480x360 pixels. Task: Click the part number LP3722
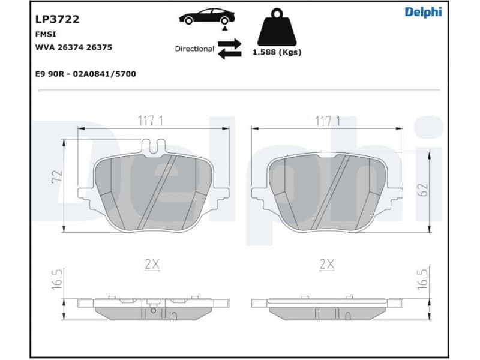tap(58, 19)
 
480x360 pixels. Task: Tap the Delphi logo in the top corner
tap(422, 12)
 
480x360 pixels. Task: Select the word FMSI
tap(46, 35)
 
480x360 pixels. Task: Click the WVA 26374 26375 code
tap(74, 47)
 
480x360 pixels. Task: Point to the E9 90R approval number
tap(86, 74)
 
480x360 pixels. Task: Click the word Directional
tap(194, 49)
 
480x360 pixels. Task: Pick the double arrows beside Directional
tap(229, 49)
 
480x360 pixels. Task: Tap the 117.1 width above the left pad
tap(151, 121)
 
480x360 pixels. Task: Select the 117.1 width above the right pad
tap(327, 121)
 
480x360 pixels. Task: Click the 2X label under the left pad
tap(152, 265)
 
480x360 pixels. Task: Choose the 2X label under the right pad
tap(327, 265)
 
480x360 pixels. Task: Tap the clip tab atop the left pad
tap(153, 145)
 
